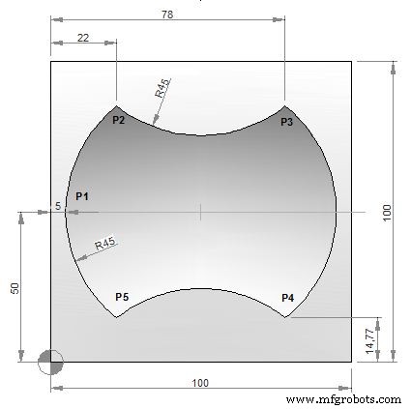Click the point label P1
(82, 196)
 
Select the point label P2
(119, 121)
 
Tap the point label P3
(286, 122)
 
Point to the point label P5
(122, 297)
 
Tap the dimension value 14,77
(369, 339)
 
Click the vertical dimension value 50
(15, 288)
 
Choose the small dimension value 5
(58, 206)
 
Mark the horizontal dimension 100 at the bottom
(200, 384)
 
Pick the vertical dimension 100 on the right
(386, 213)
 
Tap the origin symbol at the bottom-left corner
(51, 363)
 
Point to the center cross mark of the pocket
(200, 212)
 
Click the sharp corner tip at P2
(116, 105)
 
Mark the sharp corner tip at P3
(285, 105)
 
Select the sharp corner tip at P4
(285, 317)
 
